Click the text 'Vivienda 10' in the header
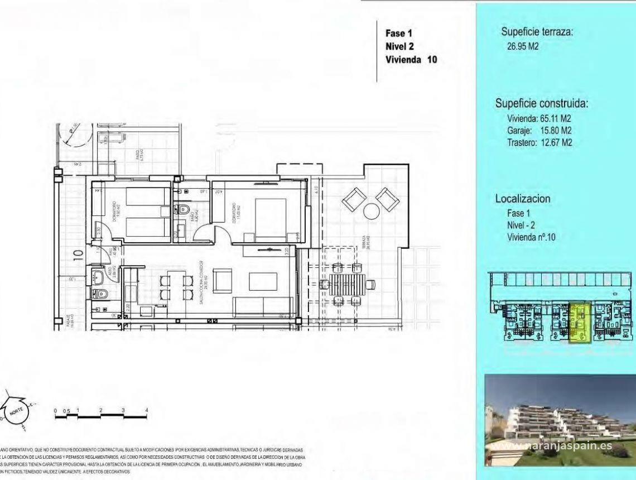(411, 60)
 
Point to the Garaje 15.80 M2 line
(539, 130)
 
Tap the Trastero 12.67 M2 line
(539, 142)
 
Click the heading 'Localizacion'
(522, 198)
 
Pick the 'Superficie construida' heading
(542, 103)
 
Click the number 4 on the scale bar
(147, 410)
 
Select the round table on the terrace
(371, 211)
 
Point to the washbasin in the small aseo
(99, 275)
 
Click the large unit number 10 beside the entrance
(78, 255)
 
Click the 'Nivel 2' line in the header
(399, 46)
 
